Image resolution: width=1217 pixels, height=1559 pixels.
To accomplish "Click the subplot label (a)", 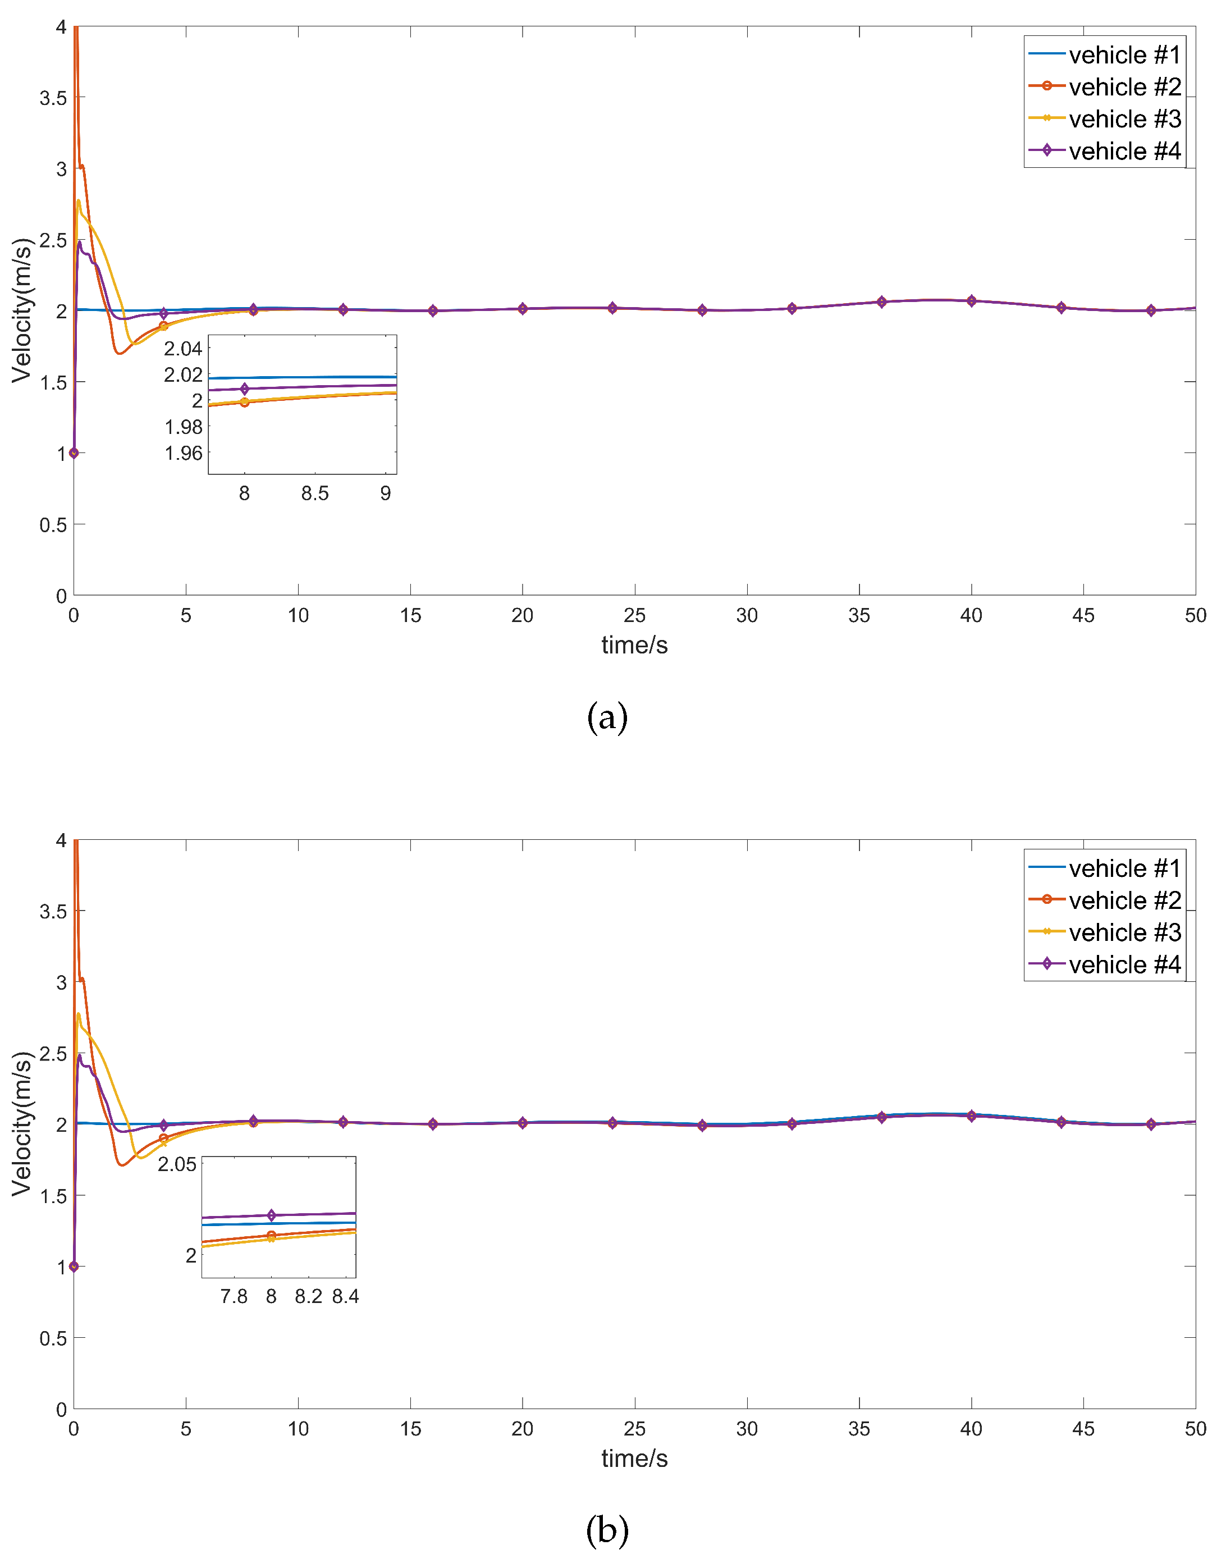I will [607, 717].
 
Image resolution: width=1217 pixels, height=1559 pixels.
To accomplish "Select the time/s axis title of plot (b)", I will [634, 1459].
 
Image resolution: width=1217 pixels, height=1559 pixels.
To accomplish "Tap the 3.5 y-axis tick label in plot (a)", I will [53, 98].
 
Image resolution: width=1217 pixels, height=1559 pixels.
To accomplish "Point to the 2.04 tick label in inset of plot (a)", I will [184, 349].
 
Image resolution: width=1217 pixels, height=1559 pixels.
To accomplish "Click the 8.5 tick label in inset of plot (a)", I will [315, 493].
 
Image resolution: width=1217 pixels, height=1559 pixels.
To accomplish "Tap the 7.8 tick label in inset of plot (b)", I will [234, 1296].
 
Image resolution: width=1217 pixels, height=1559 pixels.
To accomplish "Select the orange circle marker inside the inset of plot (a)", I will [245, 403].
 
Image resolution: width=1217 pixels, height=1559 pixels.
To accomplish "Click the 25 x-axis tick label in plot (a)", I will [634, 615].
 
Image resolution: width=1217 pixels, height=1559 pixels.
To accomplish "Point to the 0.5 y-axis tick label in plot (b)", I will [53, 1338].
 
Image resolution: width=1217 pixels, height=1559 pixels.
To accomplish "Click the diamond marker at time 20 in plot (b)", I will [523, 1123].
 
